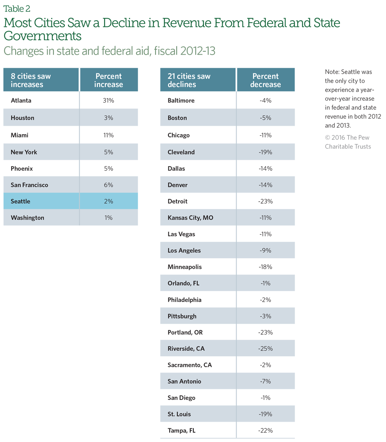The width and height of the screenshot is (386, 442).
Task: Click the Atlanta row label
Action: (21, 101)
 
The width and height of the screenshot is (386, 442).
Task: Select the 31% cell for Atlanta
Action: (108, 101)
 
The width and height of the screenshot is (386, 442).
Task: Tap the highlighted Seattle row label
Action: (20, 201)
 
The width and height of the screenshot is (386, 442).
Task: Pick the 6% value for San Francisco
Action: (108, 185)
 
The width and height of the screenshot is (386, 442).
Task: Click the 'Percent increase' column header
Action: (108, 80)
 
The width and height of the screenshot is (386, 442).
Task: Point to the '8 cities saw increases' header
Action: (31, 80)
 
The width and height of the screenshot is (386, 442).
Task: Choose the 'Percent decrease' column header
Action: (266, 80)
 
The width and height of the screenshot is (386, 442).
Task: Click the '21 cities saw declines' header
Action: (189, 80)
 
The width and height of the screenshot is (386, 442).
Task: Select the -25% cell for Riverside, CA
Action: (266, 349)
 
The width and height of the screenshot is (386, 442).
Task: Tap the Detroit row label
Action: (177, 201)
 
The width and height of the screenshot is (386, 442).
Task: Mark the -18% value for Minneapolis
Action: (266, 267)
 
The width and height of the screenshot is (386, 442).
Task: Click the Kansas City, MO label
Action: (190, 218)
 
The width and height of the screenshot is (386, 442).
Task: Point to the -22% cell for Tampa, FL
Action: (266, 431)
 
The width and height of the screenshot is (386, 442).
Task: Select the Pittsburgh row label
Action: (182, 316)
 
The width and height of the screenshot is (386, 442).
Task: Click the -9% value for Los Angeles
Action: (266, 250)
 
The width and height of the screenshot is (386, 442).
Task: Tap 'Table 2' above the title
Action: (17, 9)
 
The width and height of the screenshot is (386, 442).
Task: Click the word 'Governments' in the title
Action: (42, 36)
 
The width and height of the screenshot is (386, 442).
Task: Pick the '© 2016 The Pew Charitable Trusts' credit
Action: (347, 142)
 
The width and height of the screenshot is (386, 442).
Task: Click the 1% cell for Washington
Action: (108, 218)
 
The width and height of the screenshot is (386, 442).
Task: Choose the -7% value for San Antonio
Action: (266, 382)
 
